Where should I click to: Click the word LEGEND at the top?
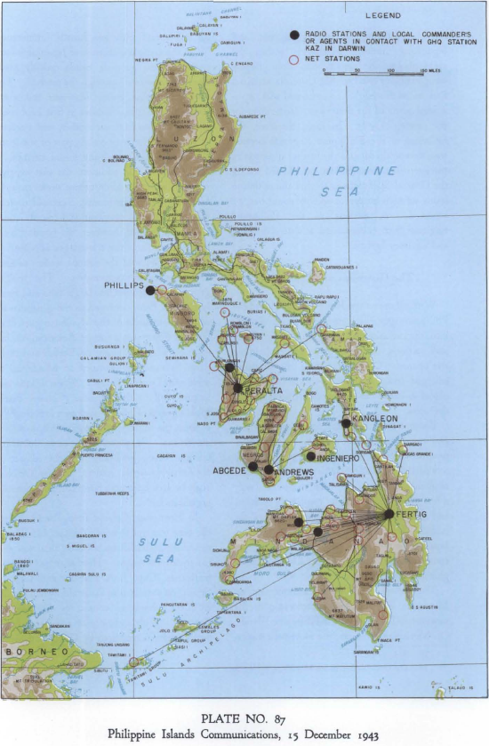tap(382, 16)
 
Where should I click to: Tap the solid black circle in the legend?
tap(293, 35)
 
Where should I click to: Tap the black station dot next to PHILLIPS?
tap(150, 290)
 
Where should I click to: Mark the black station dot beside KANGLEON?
tap(346, 423)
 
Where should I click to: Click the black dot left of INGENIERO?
tap(310, 456)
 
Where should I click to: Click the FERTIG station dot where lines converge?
tap(389, 514)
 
